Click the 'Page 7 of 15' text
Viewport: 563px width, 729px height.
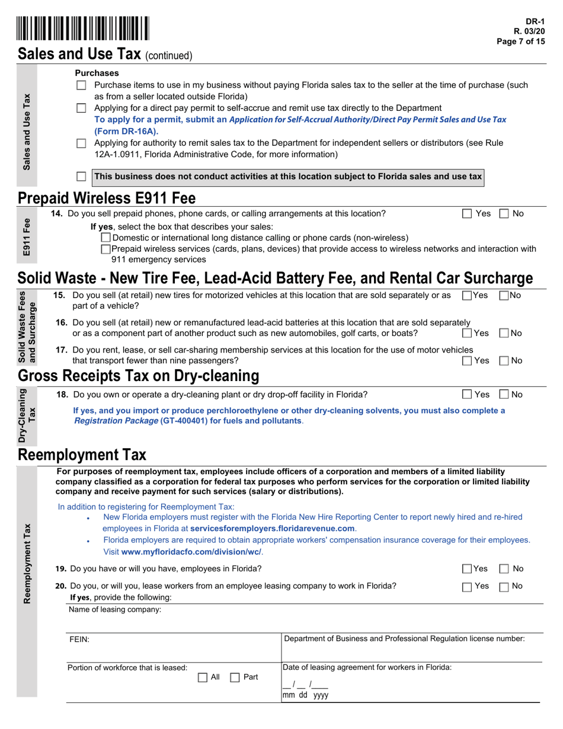point(521,41)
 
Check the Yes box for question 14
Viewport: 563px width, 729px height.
point(467,213)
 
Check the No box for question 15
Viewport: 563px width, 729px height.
point(504,295)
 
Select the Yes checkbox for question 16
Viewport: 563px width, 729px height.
point(467,334)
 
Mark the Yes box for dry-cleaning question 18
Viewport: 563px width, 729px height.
point(467,394)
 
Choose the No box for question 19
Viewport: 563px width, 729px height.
point(504,569)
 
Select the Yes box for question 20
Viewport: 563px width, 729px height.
point(467,587)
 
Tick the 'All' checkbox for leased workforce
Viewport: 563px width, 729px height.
point(202,677)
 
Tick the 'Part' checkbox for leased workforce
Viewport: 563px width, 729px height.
point(235,677)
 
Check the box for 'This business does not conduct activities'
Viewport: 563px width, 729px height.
point(82,177)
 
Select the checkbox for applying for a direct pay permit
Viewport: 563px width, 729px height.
point(82,108)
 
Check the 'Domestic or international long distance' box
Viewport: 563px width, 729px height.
point(106,238)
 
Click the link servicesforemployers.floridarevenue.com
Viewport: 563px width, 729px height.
point(273,528)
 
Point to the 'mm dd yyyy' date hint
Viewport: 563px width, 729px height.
point(305,695)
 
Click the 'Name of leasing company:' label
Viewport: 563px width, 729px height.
point(115,609)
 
